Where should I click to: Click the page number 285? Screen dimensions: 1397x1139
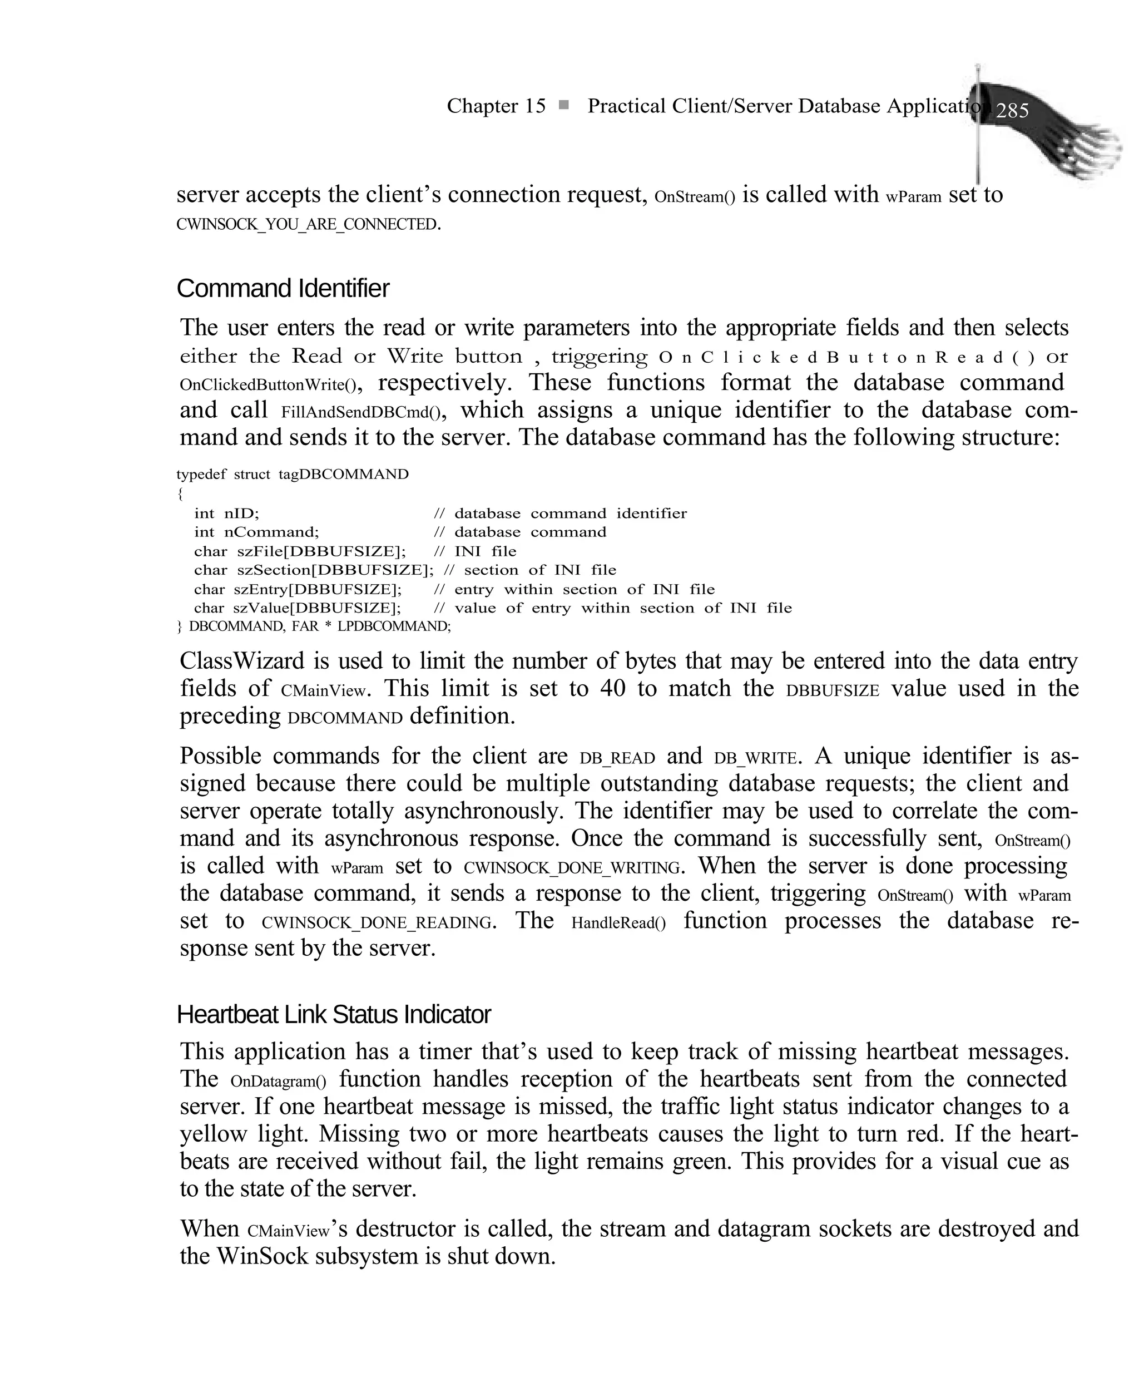coord(1012,111)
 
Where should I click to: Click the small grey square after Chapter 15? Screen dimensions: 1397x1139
coord(563,105)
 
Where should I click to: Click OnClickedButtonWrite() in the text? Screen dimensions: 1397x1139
coord(269,384)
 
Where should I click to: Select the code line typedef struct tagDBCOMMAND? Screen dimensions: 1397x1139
coord(293,475)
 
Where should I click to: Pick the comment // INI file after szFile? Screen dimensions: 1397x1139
coord(475,551)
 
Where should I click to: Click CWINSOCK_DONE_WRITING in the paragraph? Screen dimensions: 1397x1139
coord(572,868)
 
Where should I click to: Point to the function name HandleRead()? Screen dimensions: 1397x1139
coord(618,923)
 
